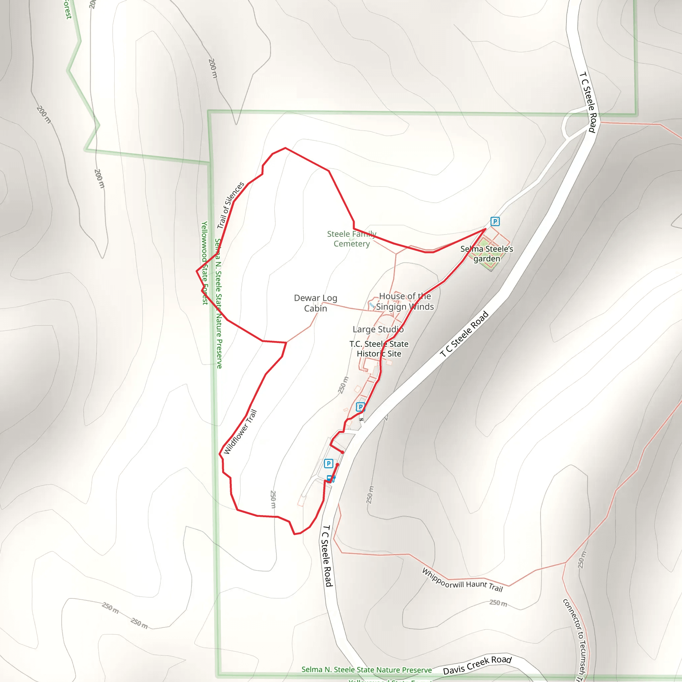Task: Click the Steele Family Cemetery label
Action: [x=352, y=239]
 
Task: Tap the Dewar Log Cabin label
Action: [x=315, y=303]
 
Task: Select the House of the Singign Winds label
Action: [x=405, y=301]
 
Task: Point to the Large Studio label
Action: [x=378, y=329]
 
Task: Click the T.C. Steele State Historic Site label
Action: [x=379, y=348]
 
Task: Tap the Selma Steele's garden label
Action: [x=487, y=253]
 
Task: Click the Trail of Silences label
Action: [x=230, y=205]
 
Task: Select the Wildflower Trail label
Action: [x=240, y=431]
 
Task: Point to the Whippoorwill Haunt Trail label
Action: [x=462, y=580]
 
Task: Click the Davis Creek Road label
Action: [x=477, y=665]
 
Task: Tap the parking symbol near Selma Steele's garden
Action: [x=495, y=221]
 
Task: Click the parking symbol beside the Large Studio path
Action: [x=360, y=407]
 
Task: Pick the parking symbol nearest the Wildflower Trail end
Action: [x=328, y=463]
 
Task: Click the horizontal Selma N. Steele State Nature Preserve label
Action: [x=366, y=670]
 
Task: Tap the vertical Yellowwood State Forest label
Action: [x=204, y=263]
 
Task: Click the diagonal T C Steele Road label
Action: [x=464, y=334]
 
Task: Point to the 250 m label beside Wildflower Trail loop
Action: [x=272, y=499]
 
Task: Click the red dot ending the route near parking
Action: [x=342, y=452]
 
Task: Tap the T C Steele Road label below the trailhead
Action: [x=327, y=556]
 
